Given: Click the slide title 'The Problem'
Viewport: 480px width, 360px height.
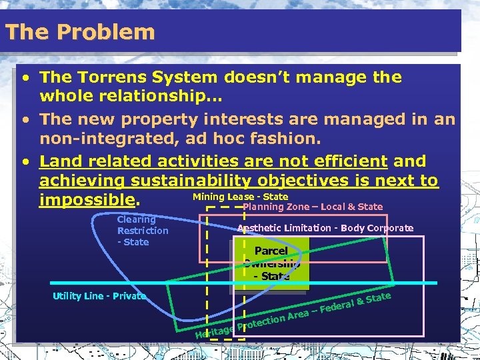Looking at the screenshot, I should pos(79,32).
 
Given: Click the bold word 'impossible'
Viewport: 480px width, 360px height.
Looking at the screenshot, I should pos(87,201).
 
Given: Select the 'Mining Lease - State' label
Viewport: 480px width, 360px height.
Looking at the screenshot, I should pos(240,197).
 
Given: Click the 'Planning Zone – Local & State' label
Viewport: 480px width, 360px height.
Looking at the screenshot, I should pos(313,207).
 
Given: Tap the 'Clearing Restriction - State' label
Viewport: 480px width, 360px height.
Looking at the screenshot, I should pos(142,231).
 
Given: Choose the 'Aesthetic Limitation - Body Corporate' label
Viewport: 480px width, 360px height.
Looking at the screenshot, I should pos(325,228).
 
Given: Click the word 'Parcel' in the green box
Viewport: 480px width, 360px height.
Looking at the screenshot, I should pos(271,251).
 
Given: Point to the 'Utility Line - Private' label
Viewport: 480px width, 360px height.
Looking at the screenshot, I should pos(99,296).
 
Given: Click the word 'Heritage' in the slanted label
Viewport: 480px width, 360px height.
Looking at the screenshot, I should pos(214,330).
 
